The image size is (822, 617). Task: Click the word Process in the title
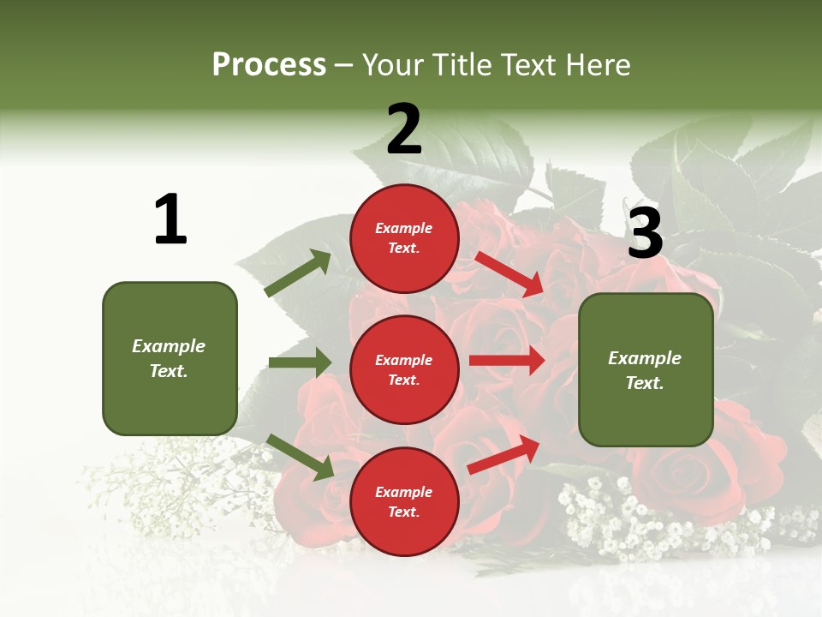[269, 65]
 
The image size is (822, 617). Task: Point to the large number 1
[170, 219]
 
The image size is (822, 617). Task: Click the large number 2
[404, 129]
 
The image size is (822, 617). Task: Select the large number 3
[645, 233]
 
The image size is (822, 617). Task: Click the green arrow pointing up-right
[298, 273]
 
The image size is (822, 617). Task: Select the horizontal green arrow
[299, 362]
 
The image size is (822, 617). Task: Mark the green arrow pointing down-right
[300, 456]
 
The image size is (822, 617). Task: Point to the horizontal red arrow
[506, 361]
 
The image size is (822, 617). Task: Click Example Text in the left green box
[169, 358]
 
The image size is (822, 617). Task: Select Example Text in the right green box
[645, 370]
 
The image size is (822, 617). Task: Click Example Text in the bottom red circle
[404, 501]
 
